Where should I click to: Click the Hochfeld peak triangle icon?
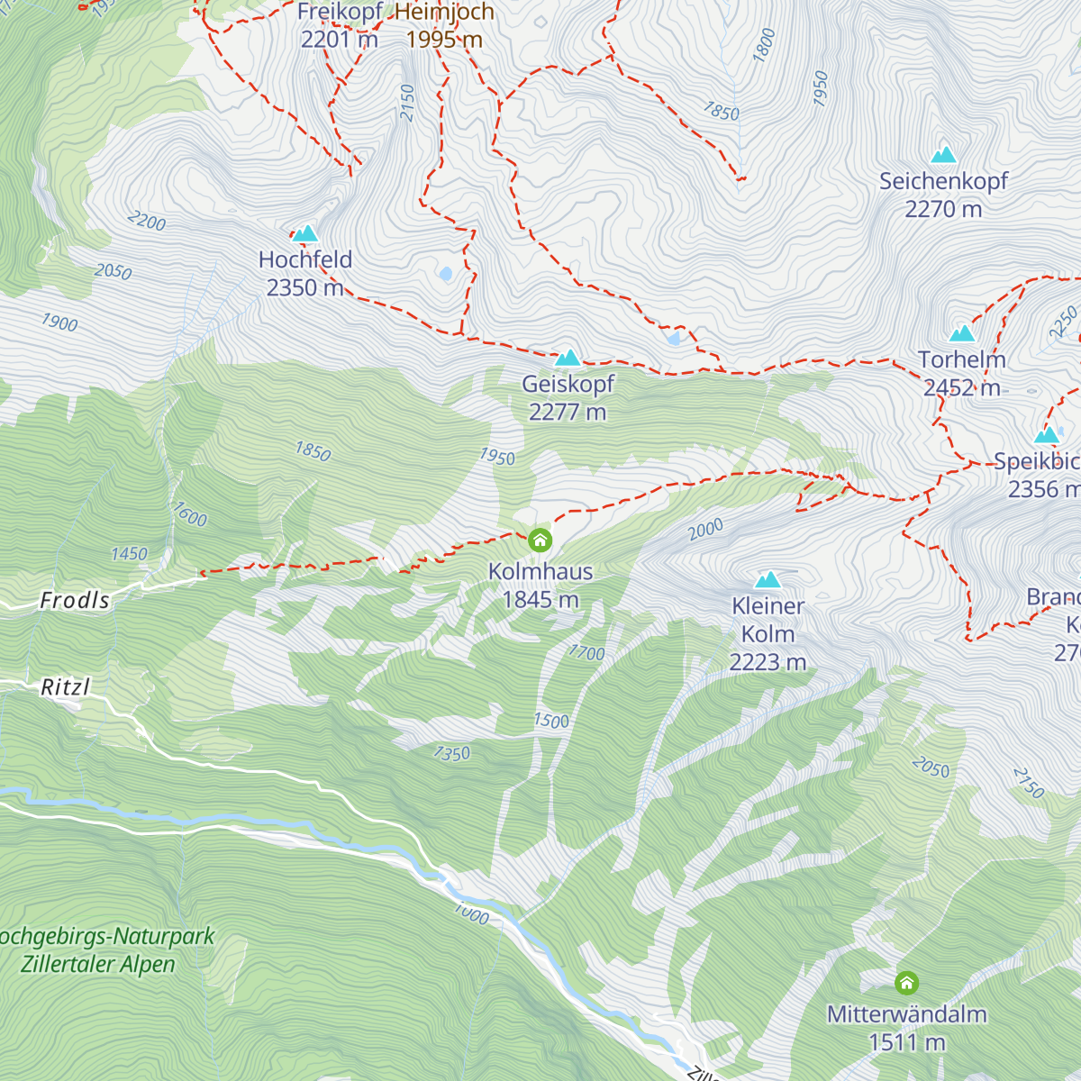coord(305,234)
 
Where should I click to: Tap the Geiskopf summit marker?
coord(568,359)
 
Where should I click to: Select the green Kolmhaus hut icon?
coord(540,540)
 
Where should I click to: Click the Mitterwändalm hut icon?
coord(906,982)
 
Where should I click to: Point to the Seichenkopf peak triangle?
coord(943,155)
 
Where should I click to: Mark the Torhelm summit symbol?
coord(962,334)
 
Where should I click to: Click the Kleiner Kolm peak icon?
coord(768,580)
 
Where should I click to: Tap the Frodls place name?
coord(75,601)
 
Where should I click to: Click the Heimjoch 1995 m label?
coord(444,26)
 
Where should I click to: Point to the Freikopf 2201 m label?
coord(340,26)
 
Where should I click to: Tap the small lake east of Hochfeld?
coord(445,273)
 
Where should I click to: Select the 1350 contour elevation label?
coord(451,753)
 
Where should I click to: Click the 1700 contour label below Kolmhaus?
coord(586,653)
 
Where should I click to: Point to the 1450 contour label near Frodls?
coord(129,554)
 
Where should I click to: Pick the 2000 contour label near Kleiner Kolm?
coord(705,530)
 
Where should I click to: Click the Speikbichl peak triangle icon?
coord(1046,436)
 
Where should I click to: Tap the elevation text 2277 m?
coord(568,413)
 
